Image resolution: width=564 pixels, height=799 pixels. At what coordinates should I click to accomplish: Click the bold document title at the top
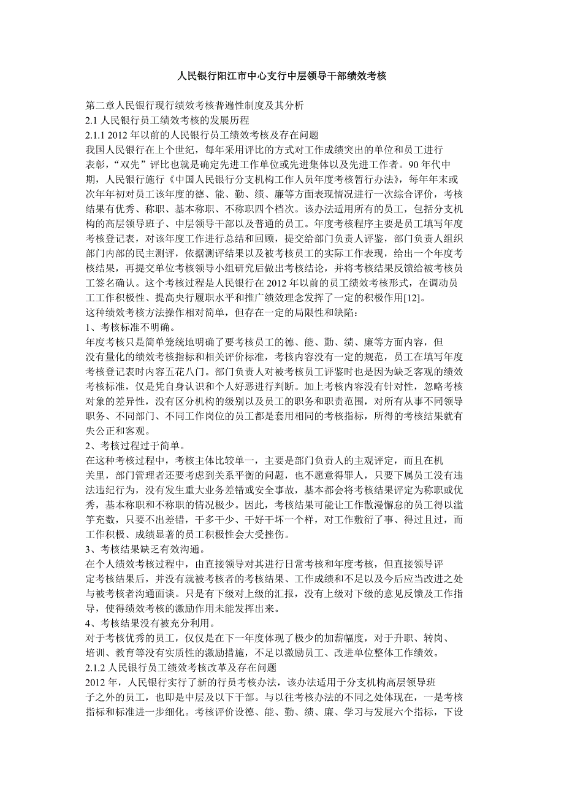[282, 77]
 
